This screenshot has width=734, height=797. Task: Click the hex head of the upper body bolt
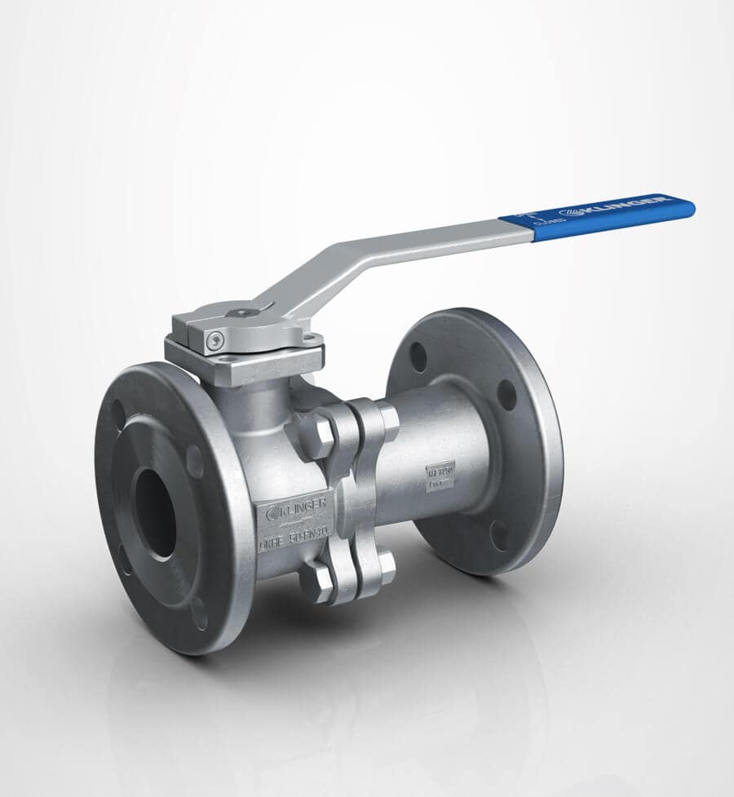[x=317, y=435]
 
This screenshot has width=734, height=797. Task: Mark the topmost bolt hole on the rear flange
[x=418, y=356]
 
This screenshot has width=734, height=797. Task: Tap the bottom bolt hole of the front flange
[x=198, y=613]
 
